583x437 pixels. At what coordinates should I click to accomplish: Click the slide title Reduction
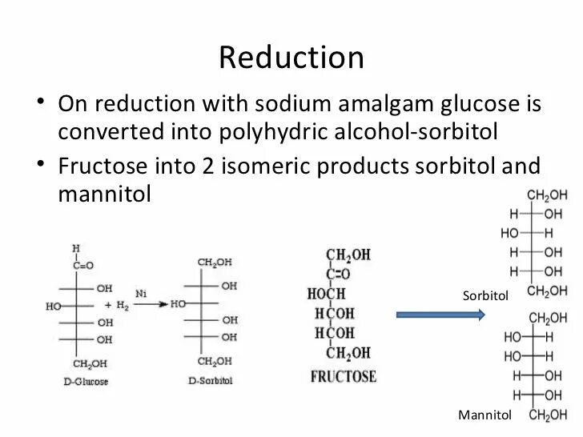tap(291, 58)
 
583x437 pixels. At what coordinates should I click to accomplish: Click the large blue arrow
tap(440, 315)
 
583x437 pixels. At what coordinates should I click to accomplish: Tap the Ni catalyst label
tap(141, 295)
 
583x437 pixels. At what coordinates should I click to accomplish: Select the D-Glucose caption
tap(86, 382)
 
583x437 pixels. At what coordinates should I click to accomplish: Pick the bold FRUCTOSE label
tap(343, 376)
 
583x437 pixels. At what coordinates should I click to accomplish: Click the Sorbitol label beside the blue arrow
tap(485, 296)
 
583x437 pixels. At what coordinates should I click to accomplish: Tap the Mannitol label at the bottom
tap(484, 415)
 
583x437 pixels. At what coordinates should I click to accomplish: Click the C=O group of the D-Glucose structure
tap(82, 265)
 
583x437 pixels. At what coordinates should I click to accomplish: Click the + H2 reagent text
tap(117, 306)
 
